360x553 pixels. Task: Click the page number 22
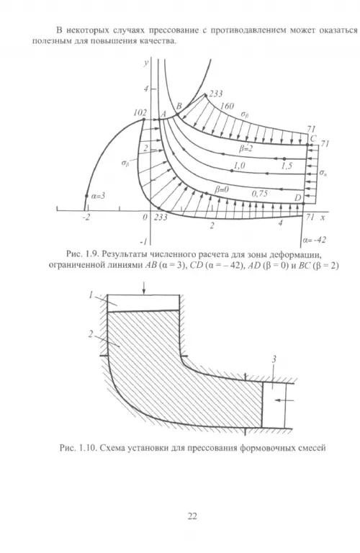[x=192, y=516]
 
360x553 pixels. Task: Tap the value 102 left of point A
[x=140, y=112]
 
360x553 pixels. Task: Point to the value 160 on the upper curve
[x=227, y=106]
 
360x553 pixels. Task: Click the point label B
[x=179, y=105]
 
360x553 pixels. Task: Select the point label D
[x=298, y=198]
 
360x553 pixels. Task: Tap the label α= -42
[x=314, y=240]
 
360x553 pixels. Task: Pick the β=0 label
[x=222, y=189]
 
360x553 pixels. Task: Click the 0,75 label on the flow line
[x=259, y=193]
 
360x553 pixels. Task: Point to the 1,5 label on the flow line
[x=287, y=166]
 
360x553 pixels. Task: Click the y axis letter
[x=145, y=63]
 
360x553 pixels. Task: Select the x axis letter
[x=323, y=217]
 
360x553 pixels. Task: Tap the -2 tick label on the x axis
[x=86, y=217]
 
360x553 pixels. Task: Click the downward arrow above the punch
[x=144, y=287]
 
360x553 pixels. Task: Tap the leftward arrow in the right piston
[x=284, y=400]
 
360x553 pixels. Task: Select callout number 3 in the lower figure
[x=274, y=360]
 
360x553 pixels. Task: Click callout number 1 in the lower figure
[x=91, y=295]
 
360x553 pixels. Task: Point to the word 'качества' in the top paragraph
[x=157, y=41]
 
